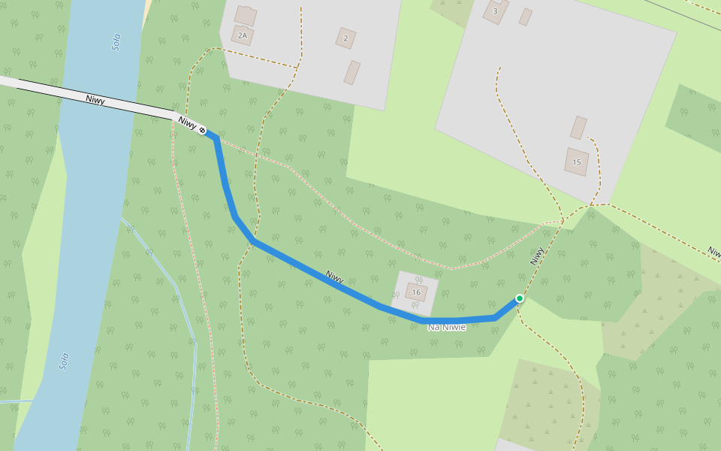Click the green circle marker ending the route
click(519, 298)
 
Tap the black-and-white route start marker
click(203, 131)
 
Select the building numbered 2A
click(243, 35)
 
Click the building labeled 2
click(345, 38)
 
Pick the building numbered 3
click(495, 11)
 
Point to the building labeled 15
click(577, 162)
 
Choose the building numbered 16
click(416, 292)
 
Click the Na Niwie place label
click(447, 327)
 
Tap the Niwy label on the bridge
click(95, 99)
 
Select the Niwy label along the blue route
click(335, 277)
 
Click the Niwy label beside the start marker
click(187, 123)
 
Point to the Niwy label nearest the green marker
click(537, 256)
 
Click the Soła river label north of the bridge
click(116, 42)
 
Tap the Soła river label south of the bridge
click(65, 364)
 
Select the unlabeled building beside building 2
click(351, 72)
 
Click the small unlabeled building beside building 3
click(526, 17)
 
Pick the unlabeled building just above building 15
click(578, 127)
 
